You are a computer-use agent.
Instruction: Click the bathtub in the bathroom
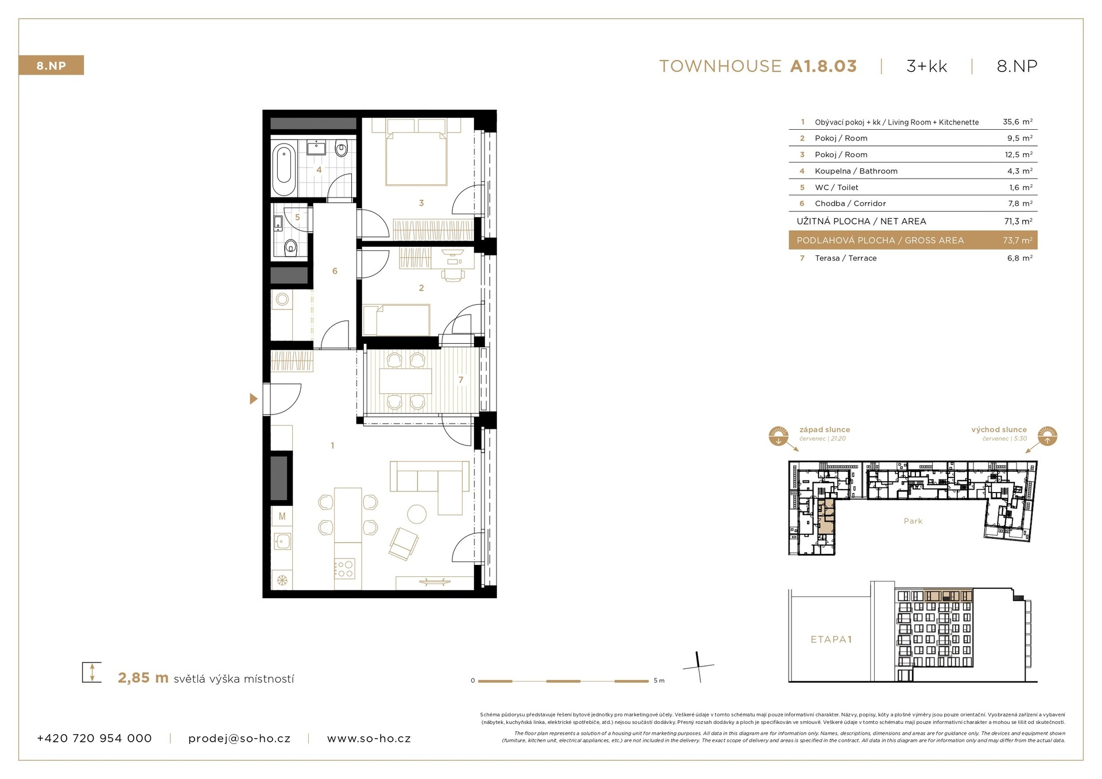[284, 170]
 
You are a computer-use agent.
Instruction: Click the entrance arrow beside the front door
[254, 398]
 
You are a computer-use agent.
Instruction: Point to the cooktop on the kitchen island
[344, 568]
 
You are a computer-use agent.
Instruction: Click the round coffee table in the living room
[416, 513]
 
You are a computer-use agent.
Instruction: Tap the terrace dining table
[406, 381]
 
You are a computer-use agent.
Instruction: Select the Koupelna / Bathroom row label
[856, 171]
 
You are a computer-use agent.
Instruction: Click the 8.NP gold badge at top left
[51, 65]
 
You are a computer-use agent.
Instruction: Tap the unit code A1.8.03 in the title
[823, 66]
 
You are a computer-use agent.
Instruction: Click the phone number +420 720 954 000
[94, 738]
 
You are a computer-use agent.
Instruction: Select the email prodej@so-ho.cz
[239, 739]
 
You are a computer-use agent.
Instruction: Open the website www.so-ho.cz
[369, 739]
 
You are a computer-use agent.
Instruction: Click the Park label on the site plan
[913, 521]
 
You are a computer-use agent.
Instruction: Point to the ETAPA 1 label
[831, 640]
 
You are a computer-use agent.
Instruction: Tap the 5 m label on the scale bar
[659, 681]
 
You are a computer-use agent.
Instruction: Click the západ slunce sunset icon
[778, 436]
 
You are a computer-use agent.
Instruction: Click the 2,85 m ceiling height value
[143, 678]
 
